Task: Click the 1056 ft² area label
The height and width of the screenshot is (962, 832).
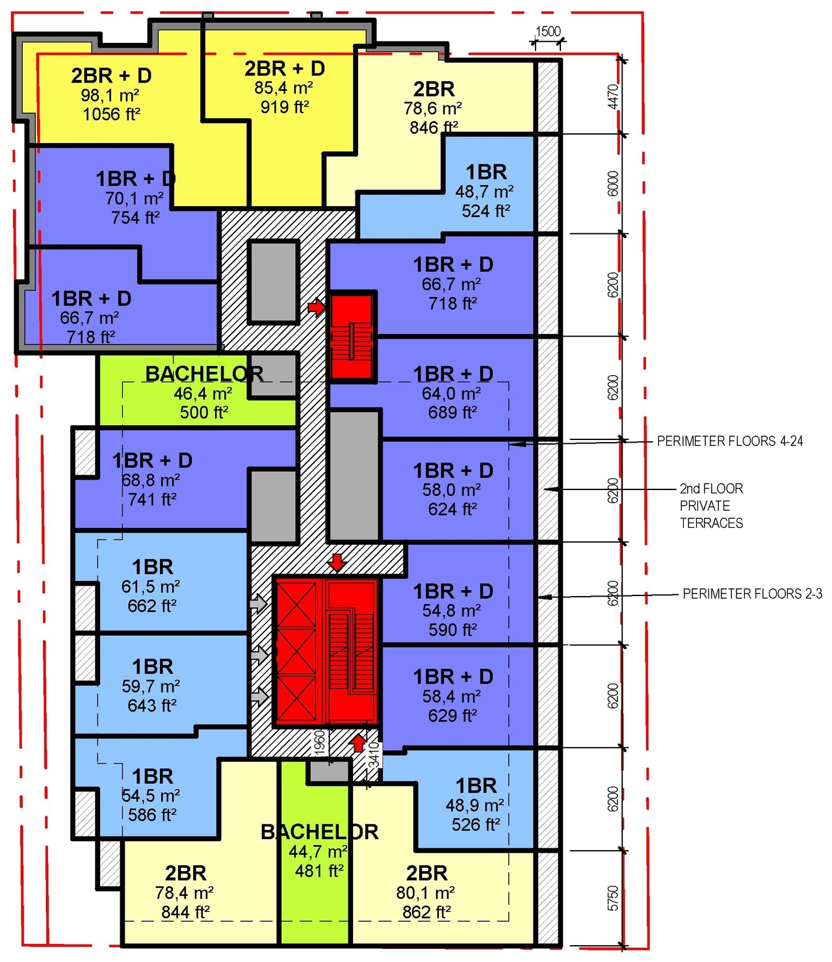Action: [x=111, y=114]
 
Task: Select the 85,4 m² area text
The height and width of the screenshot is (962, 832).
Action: [x=284, y=88]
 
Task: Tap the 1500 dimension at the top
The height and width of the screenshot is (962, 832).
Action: [x=547, y=31]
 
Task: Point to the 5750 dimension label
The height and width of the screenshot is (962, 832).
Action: [x=612, y=898]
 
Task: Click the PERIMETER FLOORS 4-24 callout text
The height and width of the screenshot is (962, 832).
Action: [x=729, y=441]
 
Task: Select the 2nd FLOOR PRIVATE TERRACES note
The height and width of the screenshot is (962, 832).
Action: [x=711, y=506]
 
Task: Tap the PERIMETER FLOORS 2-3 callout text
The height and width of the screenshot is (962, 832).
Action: [x=752, y=593]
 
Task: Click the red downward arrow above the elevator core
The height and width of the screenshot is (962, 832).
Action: [x=337, y=562]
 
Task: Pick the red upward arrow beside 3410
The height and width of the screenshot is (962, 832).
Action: [x=358, y=742]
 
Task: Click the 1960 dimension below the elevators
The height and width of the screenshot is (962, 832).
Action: [x=319, y=743]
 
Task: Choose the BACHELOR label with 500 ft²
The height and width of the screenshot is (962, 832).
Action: [x=204, y=374]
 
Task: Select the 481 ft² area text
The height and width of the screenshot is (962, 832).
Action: [x=318, y=871]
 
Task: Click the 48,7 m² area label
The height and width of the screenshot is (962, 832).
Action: [x=484, y=192]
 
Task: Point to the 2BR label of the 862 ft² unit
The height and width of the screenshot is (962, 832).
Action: [x=426, y=873]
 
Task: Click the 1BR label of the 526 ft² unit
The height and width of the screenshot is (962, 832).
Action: [x=476, y=785]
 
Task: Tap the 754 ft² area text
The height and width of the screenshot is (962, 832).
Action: [x=135, y=218]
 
